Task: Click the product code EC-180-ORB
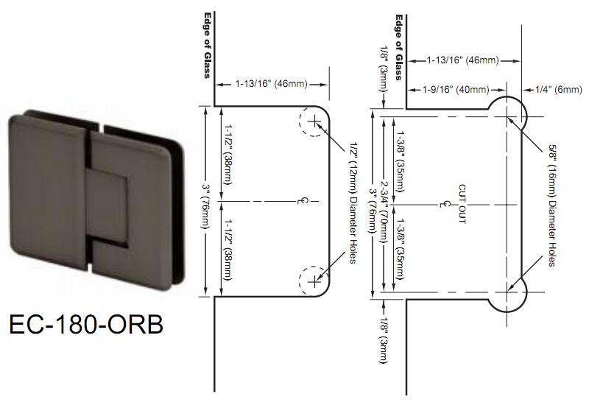tap(86, 324)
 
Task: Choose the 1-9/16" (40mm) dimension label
tap(456, 89)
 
